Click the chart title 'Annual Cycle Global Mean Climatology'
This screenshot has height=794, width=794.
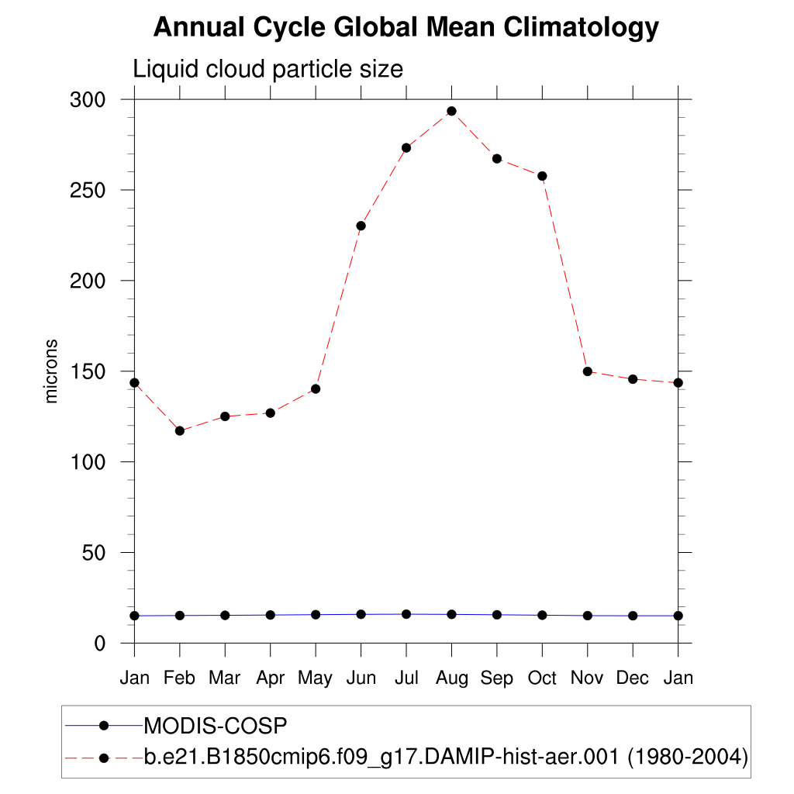[x=406, y=28]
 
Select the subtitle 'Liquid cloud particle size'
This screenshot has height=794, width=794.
[x=268, y=69]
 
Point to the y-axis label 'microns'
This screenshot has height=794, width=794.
[x=52, y=371]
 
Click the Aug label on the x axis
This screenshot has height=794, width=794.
[x=451, y=678]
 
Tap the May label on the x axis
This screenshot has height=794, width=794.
[x=315, y=679]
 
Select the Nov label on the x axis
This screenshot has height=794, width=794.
[x=587, y=678]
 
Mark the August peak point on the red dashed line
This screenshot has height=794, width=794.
[x=451, y=111]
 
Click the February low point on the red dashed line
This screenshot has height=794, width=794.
[x=180, y=430]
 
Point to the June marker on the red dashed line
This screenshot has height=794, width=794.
[x=361, y=226]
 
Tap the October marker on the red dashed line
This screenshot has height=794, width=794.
[x=542, y=176]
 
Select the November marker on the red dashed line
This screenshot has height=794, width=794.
[x=588, y=371]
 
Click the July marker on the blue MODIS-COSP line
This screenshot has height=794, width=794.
[x=406, y=614]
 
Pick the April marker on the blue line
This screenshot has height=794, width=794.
[x=270, y=615]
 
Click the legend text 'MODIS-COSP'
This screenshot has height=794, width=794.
[x=216, y=727]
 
